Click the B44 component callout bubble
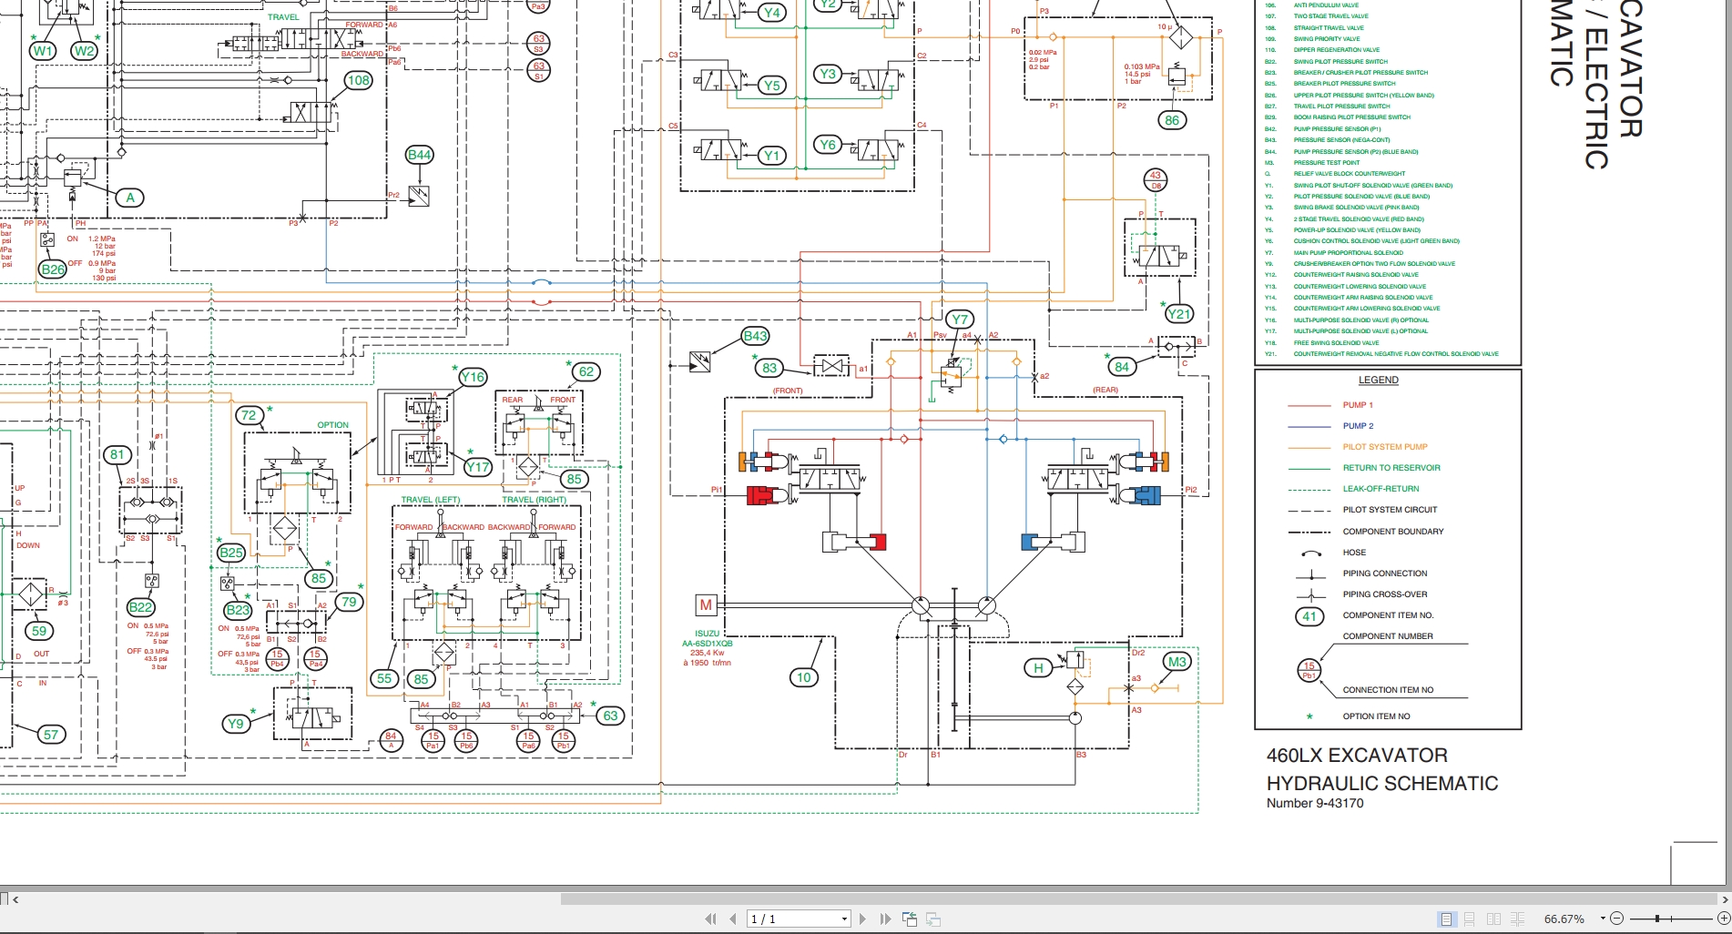click(419, 155)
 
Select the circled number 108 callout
click(359, 81)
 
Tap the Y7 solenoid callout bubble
click(959, 320)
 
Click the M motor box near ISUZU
click(706, 604)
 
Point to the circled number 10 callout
click(803, 677)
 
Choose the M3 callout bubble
click(1177, 662)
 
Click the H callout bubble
click(1038, 668)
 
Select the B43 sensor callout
click(755, 336)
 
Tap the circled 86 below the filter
click(1172, 120)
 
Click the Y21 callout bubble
click(1178, 314)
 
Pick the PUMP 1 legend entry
click(1357, 405)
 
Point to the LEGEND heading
click(1378, 381)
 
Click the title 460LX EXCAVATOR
click(1356, 756)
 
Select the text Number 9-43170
click(1314, 803)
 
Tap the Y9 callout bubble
click(236, 724)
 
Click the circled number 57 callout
click(51, 735)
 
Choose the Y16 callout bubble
click(473, 377)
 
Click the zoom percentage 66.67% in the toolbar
click(1564, 919)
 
